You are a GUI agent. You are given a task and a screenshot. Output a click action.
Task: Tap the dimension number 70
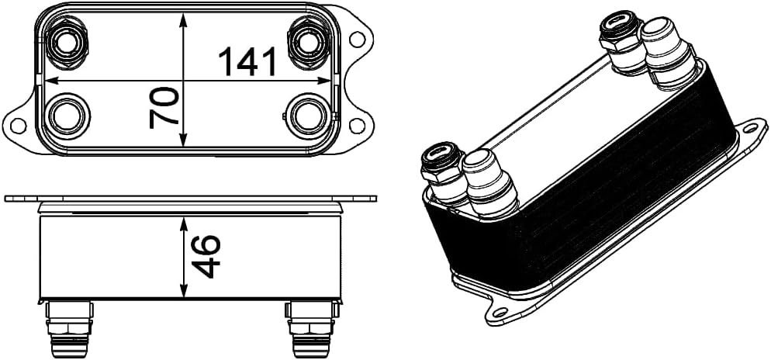click(164, 107)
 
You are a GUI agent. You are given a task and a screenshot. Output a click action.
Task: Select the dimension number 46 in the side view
click(206, 256)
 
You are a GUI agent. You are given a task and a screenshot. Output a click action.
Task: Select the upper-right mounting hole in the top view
click(358, 38)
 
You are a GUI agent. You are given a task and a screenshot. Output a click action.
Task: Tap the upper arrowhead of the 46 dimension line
click(184, 222)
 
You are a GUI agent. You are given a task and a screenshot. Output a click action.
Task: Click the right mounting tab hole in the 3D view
click(750, 130)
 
